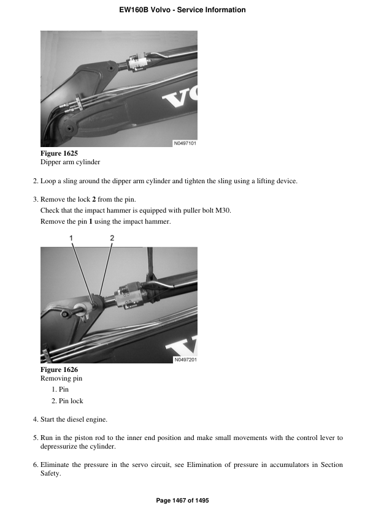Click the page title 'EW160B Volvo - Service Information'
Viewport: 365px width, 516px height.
[x=182, y=10]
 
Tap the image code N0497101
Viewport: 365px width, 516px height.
[x=185, y=143]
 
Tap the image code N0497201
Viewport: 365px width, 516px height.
[x=185, y=360]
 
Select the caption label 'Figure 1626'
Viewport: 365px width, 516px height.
[x=59, y=370]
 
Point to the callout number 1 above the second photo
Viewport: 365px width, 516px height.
[x=71, y=237]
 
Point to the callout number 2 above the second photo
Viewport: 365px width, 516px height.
[x=112, y=237]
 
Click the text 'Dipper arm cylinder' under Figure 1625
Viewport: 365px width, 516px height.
[x=70, y=162]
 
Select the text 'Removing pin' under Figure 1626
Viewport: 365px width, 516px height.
[x=61, y=379]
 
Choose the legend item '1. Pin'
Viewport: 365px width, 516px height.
[x=60, y=390]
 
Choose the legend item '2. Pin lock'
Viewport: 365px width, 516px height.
[x=67, y=401]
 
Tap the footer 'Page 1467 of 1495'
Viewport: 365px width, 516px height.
[x=182, y=501]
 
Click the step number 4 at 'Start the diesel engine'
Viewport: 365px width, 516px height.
[x=34, y=420]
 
